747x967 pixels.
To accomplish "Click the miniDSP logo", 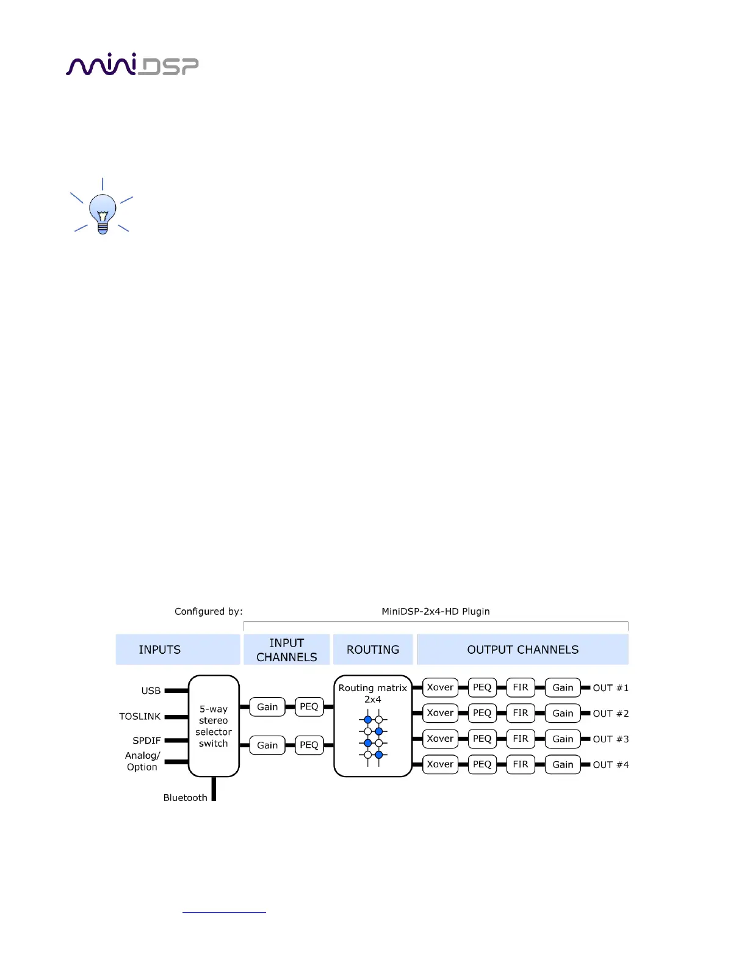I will tap(132, 65).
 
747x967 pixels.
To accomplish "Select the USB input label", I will tap(151, 690).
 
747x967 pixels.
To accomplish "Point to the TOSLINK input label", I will tap(140, 716).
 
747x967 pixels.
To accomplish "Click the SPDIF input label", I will tap(146, 741).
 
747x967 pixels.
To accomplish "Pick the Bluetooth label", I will tap(185, 797).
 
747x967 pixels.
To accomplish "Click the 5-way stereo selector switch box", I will tap(214, 726).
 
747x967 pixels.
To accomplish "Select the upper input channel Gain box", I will tap(267, 707).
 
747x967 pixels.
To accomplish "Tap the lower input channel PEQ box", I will tap(309, 745).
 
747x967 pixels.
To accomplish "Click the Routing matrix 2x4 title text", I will tap(372, 694).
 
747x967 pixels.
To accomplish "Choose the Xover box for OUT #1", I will tap(440, 687).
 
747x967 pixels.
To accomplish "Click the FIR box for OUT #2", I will tap(521, 713).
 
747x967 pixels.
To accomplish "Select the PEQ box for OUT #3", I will tap(482, 739).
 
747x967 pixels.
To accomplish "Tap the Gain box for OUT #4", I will tap(563, 764).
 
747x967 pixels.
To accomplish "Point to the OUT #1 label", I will tap(610, 688).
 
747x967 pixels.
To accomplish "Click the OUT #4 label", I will tap(610, 765).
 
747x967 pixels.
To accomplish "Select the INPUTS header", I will tap(160, 650).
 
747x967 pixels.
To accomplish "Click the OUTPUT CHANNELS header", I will tap(523, 650).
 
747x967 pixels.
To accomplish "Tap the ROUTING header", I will tap(373, 650).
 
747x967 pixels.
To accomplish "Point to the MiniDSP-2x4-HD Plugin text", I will tap(436, 611).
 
